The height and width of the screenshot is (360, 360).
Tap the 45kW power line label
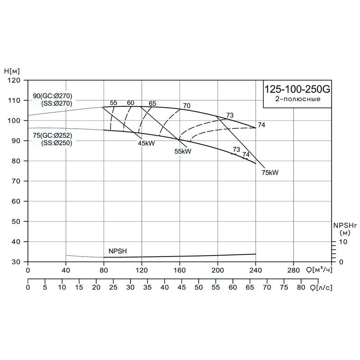click(x=147, y=143)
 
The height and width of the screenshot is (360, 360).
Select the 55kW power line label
click(x=183, y=151)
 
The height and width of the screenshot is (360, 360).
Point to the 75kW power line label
click(x=270, y=172)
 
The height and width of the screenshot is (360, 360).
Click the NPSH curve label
click(x=117, y=251)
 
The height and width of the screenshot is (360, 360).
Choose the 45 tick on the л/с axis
click(x=182, y=287)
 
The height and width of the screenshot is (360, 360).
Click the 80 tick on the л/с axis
click(x=301, y=287)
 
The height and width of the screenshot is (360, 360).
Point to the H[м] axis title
click(x=13, y=71)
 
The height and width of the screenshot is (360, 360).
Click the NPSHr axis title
click(x=344, y=225)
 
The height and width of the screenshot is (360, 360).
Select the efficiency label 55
click(x=113, y=103)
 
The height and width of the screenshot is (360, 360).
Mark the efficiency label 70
click(x=186, y=106)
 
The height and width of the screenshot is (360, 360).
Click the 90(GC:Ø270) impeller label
click(x=53, y=95)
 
